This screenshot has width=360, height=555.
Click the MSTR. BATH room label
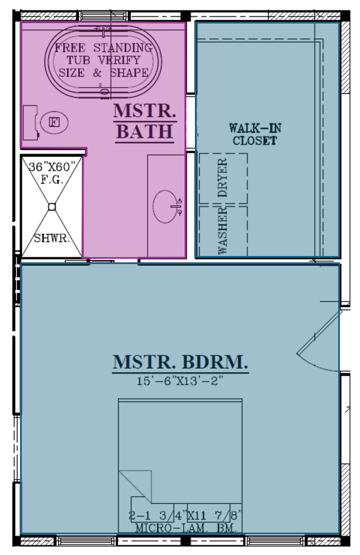point(145,122)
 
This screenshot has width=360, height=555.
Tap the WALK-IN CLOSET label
point(255,134)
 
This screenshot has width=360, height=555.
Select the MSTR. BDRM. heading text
point(181,362)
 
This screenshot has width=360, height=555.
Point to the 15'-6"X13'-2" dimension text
point(180,381)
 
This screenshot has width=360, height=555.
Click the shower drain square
point(52,207)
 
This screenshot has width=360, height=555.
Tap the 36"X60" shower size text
point(52,166)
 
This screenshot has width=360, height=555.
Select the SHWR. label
point(52,238)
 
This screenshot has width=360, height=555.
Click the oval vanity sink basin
point(166,206)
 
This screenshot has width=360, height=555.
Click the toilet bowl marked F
point(54,123)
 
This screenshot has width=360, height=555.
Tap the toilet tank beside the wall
point(30,123)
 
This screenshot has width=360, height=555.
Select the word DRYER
point(222,178)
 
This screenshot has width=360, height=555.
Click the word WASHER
point(222,231)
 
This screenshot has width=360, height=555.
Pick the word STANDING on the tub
point(123,48)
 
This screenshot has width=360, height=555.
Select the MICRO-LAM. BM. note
point(186,528)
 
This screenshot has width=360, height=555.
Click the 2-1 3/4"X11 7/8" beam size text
point(186,515)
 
